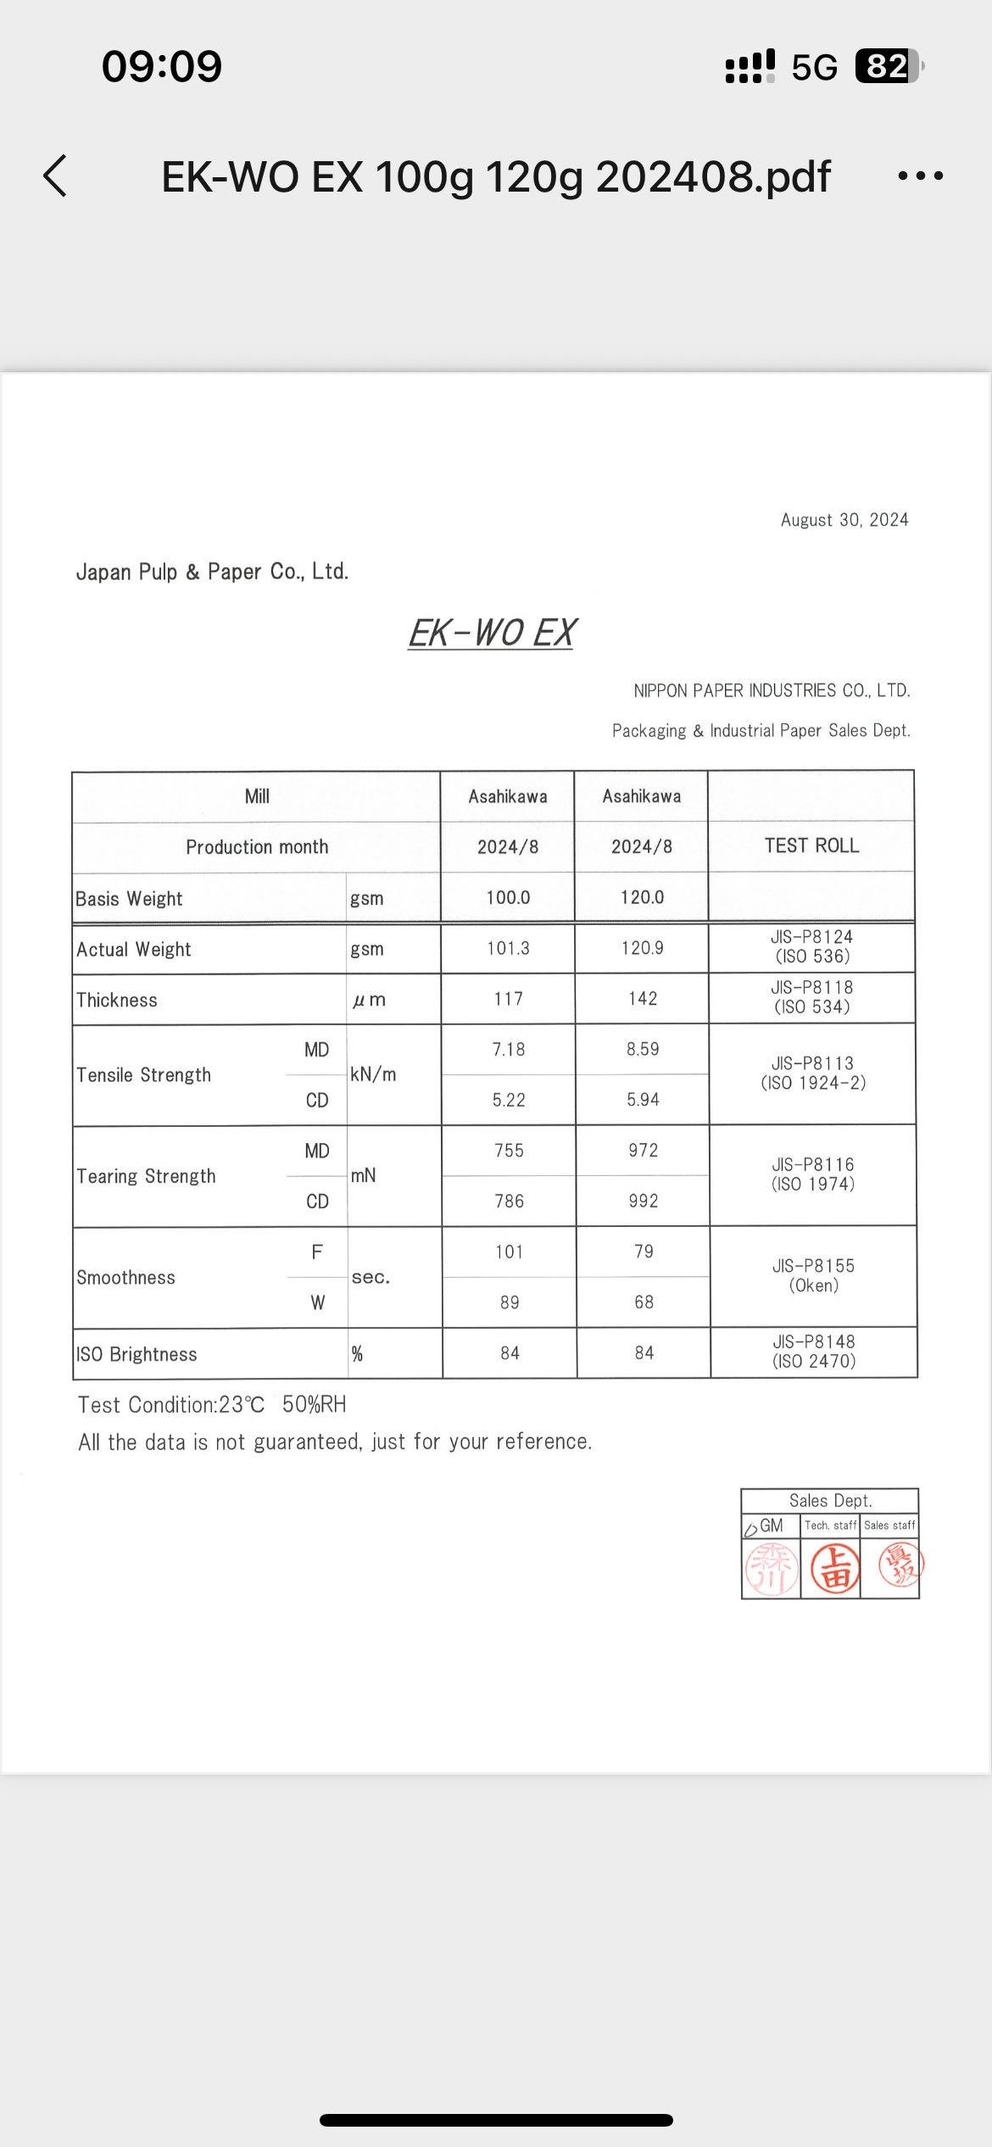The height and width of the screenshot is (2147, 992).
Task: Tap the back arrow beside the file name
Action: (x=55, y=176)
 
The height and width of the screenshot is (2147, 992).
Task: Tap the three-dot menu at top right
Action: (x=920, y=176)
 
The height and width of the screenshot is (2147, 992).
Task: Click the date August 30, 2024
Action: (x=844, y=520)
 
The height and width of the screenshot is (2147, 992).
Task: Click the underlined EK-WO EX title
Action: (x=492, y=633)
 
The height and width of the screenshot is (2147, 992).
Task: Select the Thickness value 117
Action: (x=509, y=999)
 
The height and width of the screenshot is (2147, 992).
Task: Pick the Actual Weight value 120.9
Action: (x=642, y=948)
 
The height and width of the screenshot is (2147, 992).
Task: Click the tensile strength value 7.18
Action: (x=509, y=1050)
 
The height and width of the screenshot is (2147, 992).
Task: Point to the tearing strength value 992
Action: (x=643, y=1201)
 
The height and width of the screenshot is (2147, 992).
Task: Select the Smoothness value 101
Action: (x=509, y=1252)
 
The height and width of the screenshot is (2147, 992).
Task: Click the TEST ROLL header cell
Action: (x=811, y=845)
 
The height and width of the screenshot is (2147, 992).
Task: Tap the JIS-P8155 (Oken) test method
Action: (x=813, y=1275)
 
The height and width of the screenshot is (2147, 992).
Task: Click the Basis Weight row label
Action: (x=129, y=899)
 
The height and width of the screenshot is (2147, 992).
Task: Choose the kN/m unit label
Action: (x=373, y=1074)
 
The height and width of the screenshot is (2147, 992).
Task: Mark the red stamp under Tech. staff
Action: (x=835, y=1567)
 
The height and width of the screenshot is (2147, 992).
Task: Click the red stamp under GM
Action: (x=772, y=1567)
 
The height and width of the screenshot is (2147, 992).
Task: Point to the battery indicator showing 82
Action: (x=888, y=66)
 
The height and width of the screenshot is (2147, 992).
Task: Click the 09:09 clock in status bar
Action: (x=161, y=66)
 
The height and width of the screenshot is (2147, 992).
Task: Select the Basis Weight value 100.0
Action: (x=508, y=897)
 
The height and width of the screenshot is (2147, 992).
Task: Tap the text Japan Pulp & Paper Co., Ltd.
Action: (x=212, y=572)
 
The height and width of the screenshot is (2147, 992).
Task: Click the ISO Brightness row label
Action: (x=137, y=1354)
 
